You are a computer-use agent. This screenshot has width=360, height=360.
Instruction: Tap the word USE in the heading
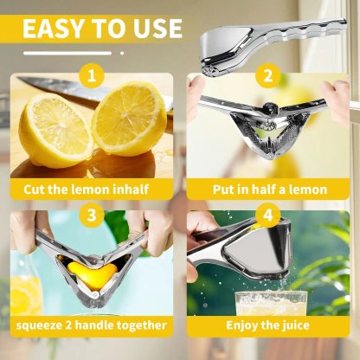click(157, 29)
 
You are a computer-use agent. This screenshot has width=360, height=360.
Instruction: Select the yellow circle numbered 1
click(92, 76)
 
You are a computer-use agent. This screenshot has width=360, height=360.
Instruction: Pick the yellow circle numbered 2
click(268, 76)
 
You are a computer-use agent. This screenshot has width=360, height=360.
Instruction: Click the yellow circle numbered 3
click(92, 215)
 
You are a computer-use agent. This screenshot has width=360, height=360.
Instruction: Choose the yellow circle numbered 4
click(268, 215)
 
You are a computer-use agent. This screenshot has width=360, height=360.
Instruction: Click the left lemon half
click(55, 131)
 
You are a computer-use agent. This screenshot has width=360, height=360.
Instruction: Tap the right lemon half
click(129, 119)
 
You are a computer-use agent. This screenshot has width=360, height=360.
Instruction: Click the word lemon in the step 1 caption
click(90, 190)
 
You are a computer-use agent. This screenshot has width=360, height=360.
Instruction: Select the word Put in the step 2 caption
click(222, 190)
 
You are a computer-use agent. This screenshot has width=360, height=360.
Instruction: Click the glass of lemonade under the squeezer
click(271, 304)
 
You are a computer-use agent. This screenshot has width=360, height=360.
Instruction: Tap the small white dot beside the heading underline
click(122, 53)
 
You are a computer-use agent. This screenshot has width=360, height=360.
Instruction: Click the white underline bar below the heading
click(67, 53)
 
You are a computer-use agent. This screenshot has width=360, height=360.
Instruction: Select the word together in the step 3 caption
click(142, 325)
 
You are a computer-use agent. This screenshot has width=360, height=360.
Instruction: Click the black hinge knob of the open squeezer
click(271, 107)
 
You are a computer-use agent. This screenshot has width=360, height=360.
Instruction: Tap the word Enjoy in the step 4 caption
click(241, 325)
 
